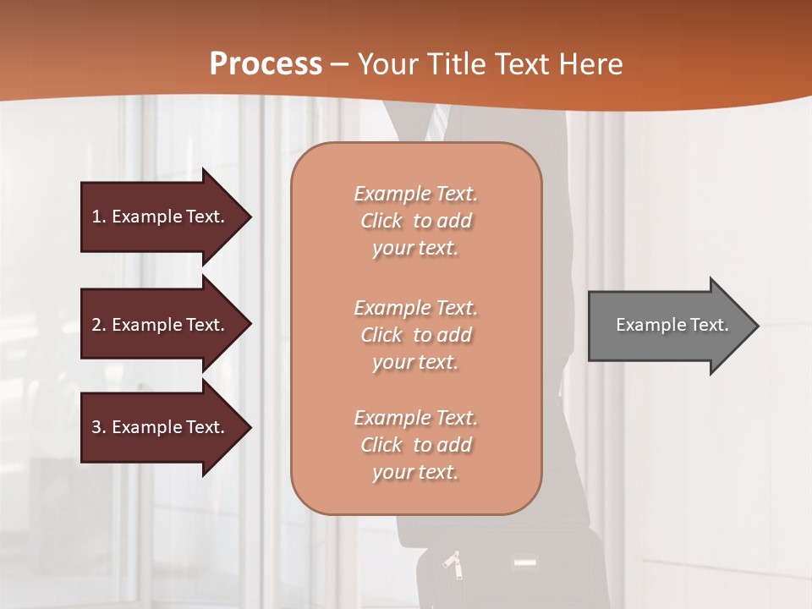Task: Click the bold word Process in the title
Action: (x=266, y=64)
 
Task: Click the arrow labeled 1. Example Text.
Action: (x=161, y=217)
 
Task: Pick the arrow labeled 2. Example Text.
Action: (x=161, y=325)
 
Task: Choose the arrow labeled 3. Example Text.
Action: (x=161, y=427)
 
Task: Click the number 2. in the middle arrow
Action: (x=99, y=325)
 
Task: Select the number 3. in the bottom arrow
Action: (x=99, y=427)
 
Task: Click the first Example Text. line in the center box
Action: (x=415, y=194)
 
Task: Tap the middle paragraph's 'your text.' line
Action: (x=415, y=362)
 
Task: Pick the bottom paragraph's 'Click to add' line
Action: (x=415, y=445)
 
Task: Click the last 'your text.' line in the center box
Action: (x=415, y=473)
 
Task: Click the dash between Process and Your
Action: (x=340, y=64)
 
